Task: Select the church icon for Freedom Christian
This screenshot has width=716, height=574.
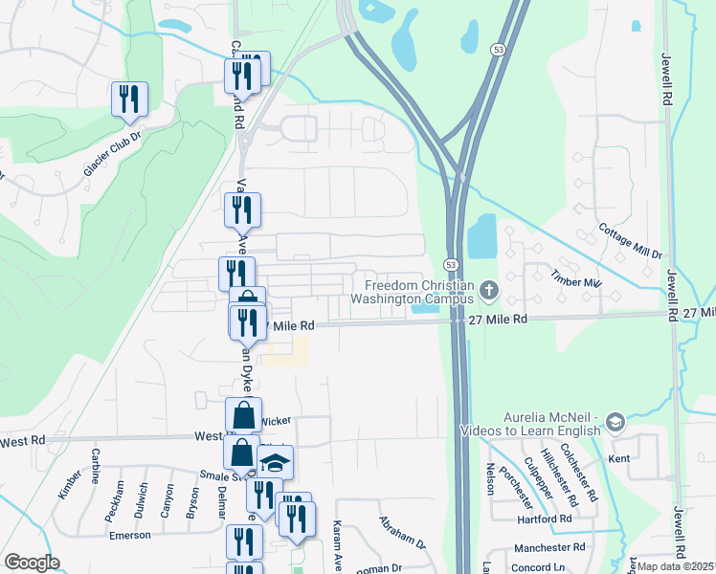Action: pyautogui.click(x=489, y=289)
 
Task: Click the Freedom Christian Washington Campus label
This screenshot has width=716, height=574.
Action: pyautogui.click(x=419, y=292)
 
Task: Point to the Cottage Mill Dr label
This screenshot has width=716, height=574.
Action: pyautogui.click(x=630, y=241)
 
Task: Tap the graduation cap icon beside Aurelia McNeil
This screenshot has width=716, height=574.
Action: pyautogui.click(x=615, y=422)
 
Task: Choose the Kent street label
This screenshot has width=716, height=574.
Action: pyautogui.click(x=618, y=459)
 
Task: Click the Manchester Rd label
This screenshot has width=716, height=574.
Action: pyautogui.click(x=548, y=548)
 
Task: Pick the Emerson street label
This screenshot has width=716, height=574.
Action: pyautogui.click(x=129, y=536)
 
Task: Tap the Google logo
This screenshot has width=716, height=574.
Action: pyautogui.click(x=32, y=563)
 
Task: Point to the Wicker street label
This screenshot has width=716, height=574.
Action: pyautogui.click(x=276, y=420)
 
